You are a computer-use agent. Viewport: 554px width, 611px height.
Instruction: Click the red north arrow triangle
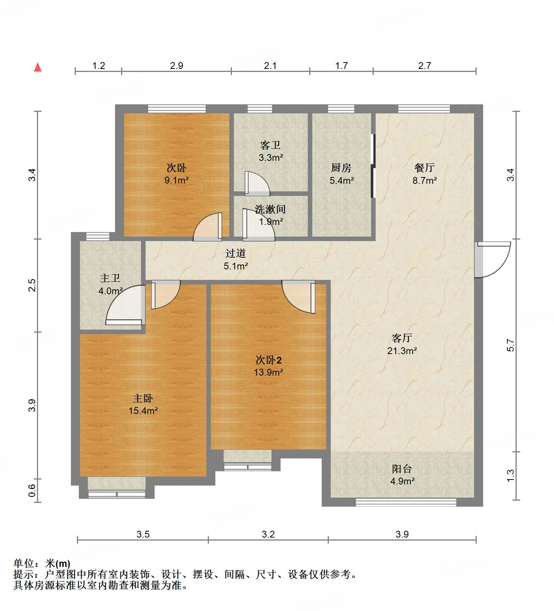(x=38, y=67)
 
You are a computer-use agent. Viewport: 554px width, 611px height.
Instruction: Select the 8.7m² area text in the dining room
(x=424, y=180)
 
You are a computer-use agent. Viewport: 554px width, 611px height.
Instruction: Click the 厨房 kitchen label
(x=341, y=168)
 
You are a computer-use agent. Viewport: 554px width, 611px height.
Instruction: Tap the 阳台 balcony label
(x=402, y=469)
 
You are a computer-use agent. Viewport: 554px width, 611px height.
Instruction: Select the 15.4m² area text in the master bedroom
(x=143, y=411)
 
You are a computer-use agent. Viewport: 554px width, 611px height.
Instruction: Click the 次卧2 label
(x=269, y=360)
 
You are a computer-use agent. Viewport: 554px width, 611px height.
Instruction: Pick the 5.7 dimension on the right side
(x=510, y=345)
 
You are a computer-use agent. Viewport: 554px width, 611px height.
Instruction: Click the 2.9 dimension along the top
(x=176, y=66)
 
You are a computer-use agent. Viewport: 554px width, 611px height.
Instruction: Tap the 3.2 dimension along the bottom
(x=268, y=534)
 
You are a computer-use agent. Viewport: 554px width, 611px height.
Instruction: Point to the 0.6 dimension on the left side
(x=32, y=490)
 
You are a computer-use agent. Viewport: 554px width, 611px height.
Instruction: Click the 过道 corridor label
(x=236, y=254)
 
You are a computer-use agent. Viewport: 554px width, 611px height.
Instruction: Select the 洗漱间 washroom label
(x=270, y=209)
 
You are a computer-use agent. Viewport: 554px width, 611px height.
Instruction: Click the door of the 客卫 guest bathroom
(x=256, y=184)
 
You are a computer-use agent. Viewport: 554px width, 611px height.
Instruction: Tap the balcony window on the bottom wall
(x=406, y=502)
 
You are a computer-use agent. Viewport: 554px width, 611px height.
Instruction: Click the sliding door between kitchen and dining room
(x=373, y=166)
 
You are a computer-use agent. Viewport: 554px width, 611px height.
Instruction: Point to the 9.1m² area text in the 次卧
(x=176, y=180)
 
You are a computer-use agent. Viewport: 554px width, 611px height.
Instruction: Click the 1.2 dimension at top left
(x=98, y=66)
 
